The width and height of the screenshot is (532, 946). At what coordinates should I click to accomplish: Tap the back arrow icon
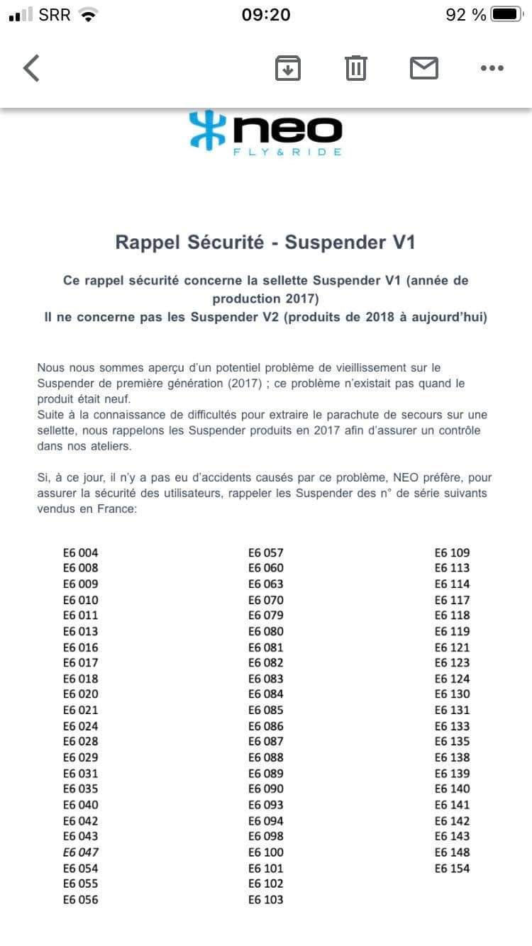(31, 68)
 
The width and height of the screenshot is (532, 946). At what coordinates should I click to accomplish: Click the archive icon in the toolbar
(288, 68)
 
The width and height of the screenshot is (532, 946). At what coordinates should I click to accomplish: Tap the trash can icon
(355, 68)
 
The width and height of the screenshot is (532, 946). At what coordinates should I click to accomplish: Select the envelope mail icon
(424, 68)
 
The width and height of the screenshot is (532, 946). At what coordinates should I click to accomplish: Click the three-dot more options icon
(492, 68)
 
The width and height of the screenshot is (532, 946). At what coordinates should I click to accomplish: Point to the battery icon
(506, 14)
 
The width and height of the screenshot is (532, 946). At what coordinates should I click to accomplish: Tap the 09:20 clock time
(266, 14)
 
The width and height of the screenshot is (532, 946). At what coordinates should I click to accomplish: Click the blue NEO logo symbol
(206, 130)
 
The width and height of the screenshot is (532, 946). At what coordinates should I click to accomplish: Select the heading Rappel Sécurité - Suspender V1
(265, 243)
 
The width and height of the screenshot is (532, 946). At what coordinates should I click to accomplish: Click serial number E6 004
(81, 552)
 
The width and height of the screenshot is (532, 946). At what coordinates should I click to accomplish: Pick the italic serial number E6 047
(81, 852)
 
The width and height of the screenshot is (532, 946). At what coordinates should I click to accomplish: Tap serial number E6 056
(81, 900)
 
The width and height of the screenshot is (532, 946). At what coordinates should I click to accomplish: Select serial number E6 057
(266, 552)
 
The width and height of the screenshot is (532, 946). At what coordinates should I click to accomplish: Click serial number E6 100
(266, 852)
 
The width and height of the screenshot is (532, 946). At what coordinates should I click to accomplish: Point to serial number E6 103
(266, 900)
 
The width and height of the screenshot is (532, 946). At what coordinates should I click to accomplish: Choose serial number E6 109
(452, 552)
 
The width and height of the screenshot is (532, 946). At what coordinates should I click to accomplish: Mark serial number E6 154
(452, 868)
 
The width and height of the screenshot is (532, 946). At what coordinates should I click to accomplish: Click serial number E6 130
(452, 694)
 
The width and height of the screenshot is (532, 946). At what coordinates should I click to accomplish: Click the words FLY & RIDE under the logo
(287, 152)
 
